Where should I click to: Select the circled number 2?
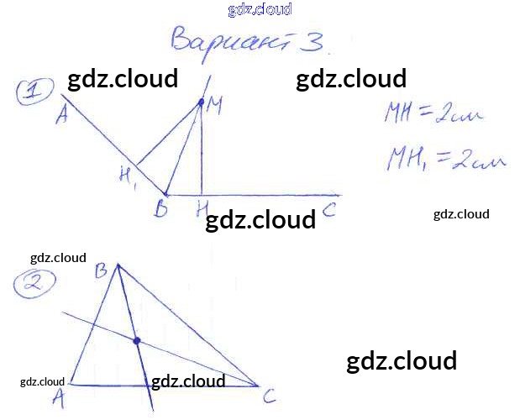[x=34, y=284]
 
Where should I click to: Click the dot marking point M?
[x=201, y=102]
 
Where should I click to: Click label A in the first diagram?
[x=61, y=116]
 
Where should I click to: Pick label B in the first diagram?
[x=160, y=209]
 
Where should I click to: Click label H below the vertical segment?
[x=202, y=207]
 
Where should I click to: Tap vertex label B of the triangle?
[x=102, y=270]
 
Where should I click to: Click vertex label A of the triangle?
[x=58, y=398]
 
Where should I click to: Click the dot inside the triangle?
[x=136, y=340]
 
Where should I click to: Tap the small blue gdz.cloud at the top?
[x=260, y=10]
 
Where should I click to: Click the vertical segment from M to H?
[x=201, y=151]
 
